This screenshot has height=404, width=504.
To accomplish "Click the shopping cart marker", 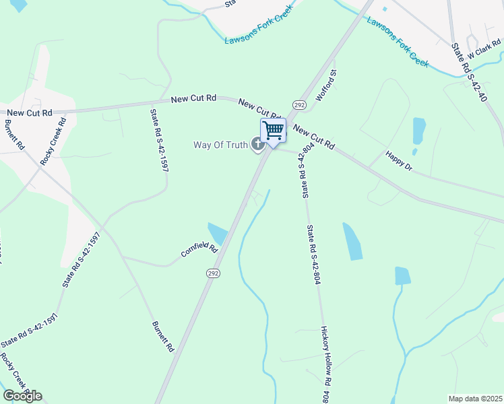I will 274,130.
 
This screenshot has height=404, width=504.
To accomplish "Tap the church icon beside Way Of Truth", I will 257,143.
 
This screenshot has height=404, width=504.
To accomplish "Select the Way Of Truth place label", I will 220,144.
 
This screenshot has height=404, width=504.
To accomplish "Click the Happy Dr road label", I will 398,162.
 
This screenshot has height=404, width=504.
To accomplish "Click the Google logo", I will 22,396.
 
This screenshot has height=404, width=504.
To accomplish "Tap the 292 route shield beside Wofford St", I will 300,104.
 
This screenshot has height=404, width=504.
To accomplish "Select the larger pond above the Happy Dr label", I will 418,132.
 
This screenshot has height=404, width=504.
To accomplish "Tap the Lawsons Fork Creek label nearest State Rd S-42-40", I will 398,42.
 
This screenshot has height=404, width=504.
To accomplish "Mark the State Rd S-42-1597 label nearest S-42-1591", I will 82,260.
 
